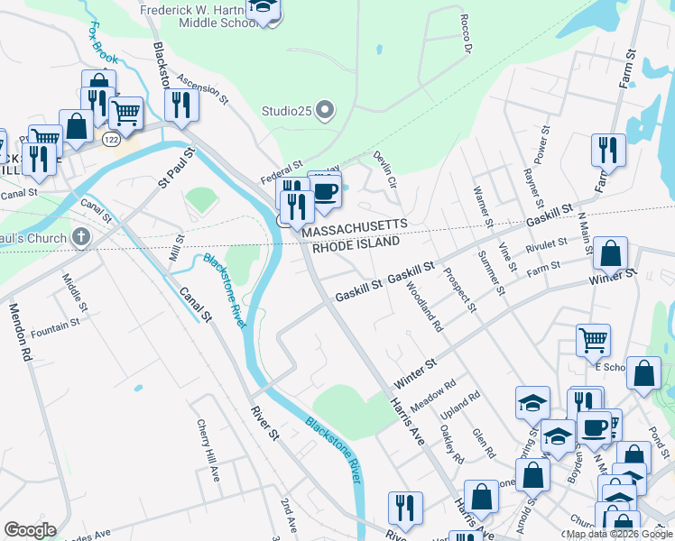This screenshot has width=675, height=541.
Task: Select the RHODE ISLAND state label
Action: (x=356, y=244)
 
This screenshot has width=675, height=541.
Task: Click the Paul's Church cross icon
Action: (x=81, y=238)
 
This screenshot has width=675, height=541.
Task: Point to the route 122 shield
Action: (x=111, y=140)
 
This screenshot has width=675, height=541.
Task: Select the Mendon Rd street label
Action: (x=20, y=332)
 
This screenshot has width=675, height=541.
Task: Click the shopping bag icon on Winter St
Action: (x=611, y=254)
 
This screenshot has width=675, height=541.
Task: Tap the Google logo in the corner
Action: (x=30, y=530)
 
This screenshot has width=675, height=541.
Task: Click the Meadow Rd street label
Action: (x=432, y=403)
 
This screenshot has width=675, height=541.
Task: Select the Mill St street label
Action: (x=177, y=250)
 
